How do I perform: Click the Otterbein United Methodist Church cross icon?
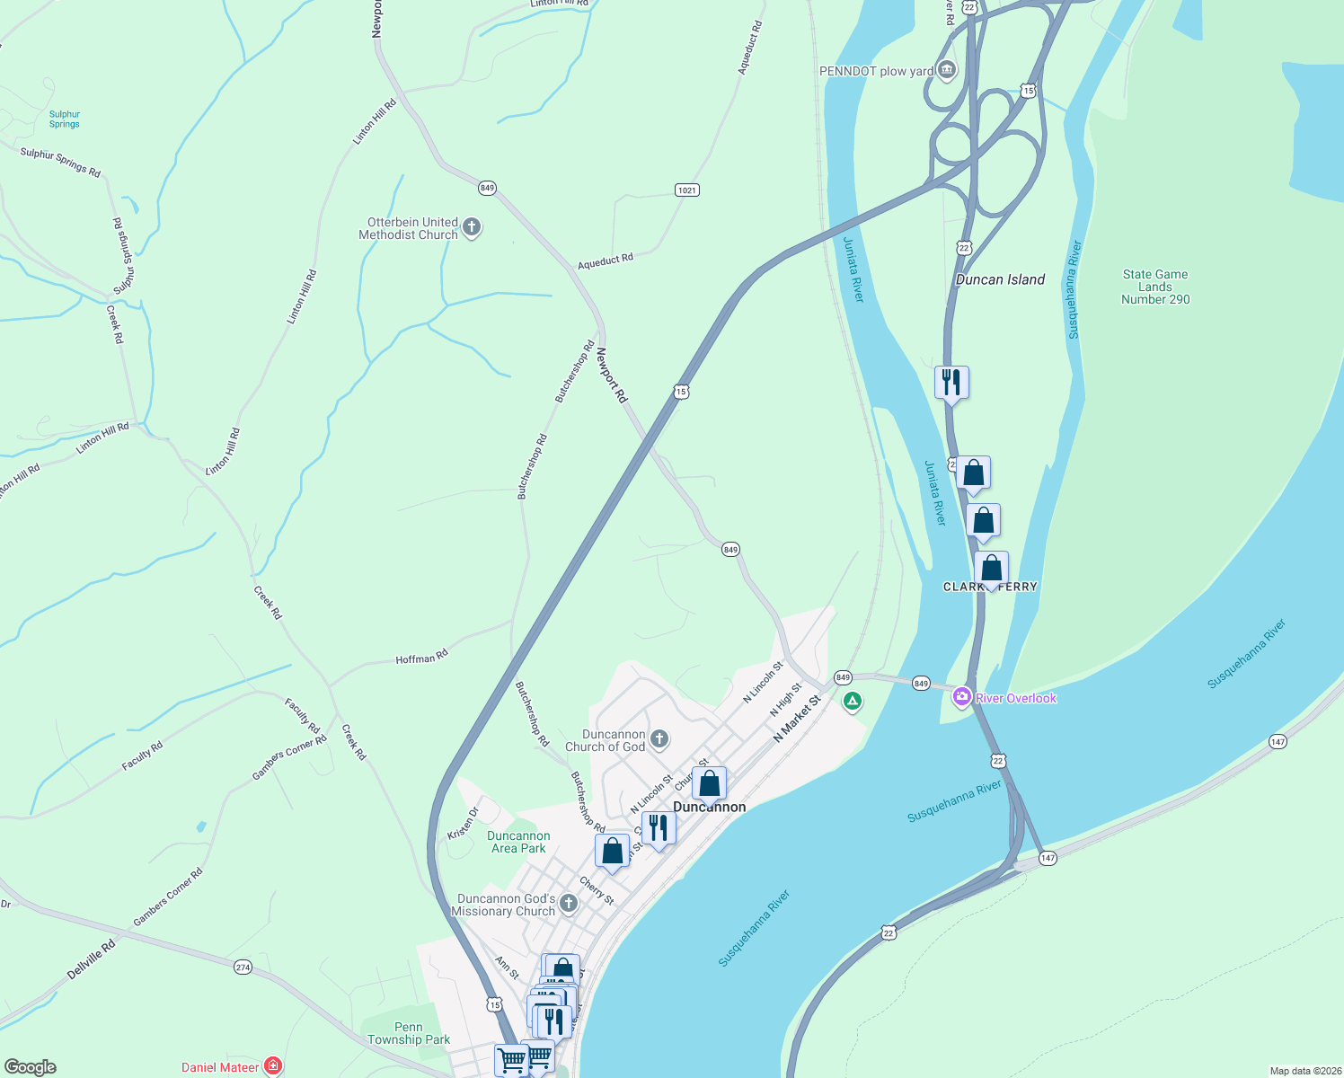point(472,228)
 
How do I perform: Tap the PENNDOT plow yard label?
point(876,71)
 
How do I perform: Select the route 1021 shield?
point(686,190)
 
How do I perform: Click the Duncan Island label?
point(1000,279)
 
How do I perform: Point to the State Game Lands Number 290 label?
point(1154,287)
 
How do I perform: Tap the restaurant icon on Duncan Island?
point(951,384)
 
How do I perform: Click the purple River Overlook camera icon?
point(962,697)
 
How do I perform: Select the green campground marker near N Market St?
point(852,701)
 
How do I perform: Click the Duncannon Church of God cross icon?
point(659,739)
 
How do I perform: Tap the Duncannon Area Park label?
point(518,842)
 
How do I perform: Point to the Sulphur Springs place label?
point(65,119)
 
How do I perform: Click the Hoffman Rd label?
point(421,658)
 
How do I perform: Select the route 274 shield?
point(243,968)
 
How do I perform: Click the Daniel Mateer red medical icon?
point(273,1066)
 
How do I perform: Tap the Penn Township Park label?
point(409,1033)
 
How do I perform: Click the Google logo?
point(31,1066)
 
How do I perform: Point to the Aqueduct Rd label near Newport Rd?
point(605,261)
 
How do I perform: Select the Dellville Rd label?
point(92,959)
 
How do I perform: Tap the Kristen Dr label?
point(464,823)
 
